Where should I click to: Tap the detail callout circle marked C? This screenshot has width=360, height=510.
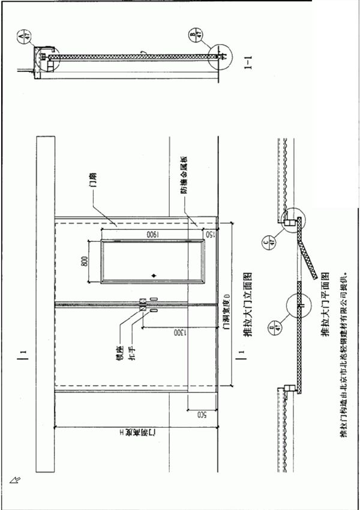(268, 242)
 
